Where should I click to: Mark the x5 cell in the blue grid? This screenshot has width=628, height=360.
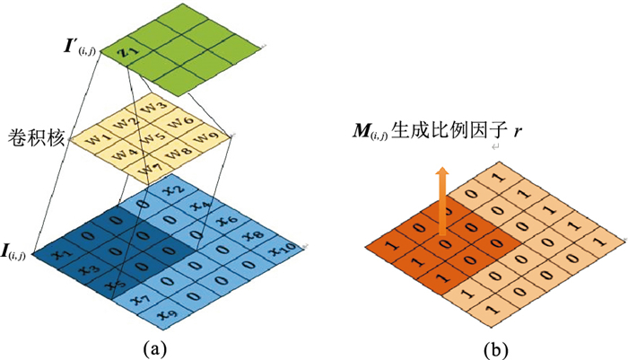tap(111, 285)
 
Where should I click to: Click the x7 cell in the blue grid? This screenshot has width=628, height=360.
tap(138, 299)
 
